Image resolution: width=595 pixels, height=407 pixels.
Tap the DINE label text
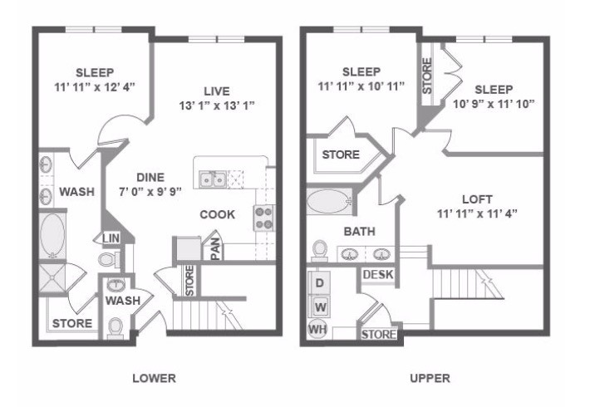pos(150,177)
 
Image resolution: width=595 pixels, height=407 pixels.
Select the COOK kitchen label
pos(217,214)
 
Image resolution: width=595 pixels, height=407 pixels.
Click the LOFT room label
pos(478,199)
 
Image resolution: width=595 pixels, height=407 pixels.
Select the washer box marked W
pos(319,306)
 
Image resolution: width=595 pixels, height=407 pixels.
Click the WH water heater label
pos(317,330)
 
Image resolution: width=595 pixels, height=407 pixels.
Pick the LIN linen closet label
pos(111,238)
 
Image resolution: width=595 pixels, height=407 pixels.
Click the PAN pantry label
pos(214,248)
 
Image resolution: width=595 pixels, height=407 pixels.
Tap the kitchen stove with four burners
pos(263,218)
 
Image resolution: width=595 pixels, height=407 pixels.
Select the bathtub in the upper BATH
pos(329,201)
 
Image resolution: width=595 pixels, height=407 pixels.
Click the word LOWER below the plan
pos(154,379)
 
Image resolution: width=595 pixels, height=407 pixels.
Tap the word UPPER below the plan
pos(430,379)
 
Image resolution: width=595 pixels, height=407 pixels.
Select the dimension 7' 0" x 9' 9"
pos(151,192)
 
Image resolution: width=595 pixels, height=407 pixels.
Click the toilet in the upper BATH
pos(320,250)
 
